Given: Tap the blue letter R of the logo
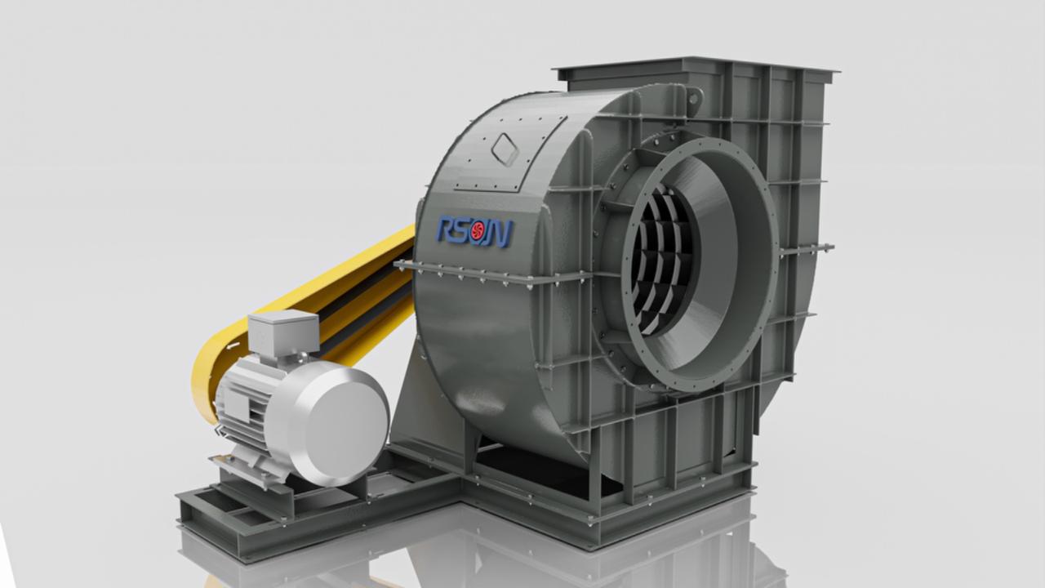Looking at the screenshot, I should pos(448,230).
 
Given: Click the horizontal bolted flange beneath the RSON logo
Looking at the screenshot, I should pos(490,275).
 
